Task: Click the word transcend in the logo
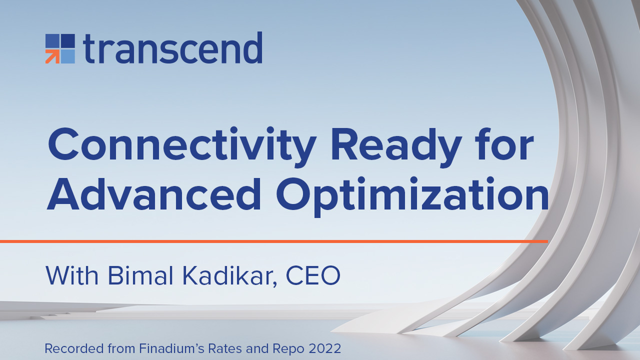(x=172, y=47)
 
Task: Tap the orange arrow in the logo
(x=52, y=56)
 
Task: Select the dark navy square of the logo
(x=68, y=41)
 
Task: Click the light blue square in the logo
(x=68, y=56)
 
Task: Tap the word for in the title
(x=504, y=143)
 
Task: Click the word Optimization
(x=412, y=197)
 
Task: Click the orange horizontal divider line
(x=274, y=241)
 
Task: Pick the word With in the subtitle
(x=71, y=275)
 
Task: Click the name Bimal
(x=140, y=275)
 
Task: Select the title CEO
(x=313, y=275)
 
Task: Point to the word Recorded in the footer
(x=74, y=348)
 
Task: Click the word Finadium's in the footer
(x=171, y=348)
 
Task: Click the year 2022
(x=325, y=348)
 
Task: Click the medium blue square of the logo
(x=52, y=41)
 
